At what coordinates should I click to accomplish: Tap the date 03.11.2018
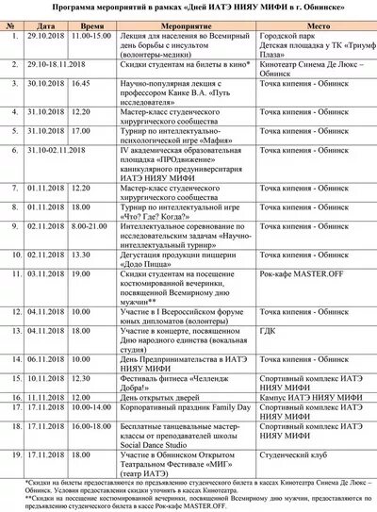(x=41, y=273)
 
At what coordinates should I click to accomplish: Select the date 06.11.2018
(x=41, y=359)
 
